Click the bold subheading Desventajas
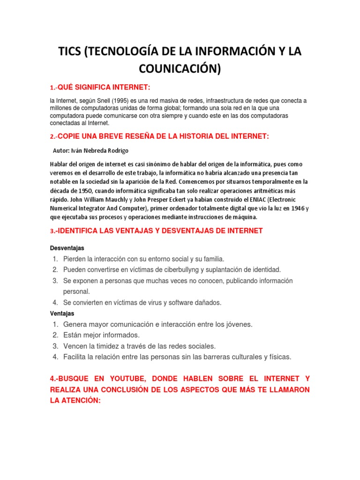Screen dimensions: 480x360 [x=67, y=247]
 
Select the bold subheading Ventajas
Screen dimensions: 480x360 [x=62, y=313]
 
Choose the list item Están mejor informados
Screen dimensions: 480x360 [x=101, y=335]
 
